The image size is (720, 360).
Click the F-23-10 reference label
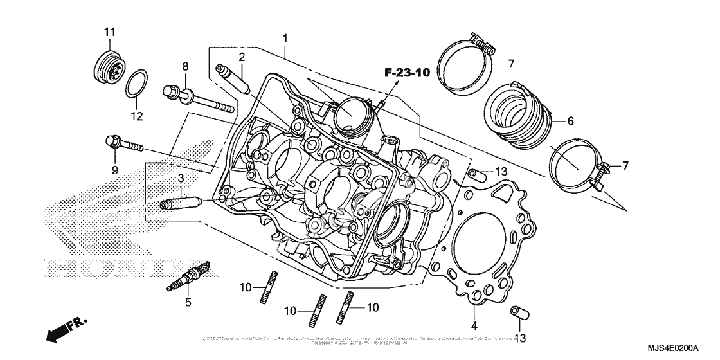(407, 72)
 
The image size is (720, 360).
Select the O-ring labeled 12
(137, 85)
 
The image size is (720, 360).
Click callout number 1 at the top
(285, 39)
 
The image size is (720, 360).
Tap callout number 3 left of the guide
(182, 177)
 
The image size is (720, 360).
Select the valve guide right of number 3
(182, 206)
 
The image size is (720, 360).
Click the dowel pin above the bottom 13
(518, 313)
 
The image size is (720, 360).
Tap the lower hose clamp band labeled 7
(574, 164)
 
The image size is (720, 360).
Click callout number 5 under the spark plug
(188, 301)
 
